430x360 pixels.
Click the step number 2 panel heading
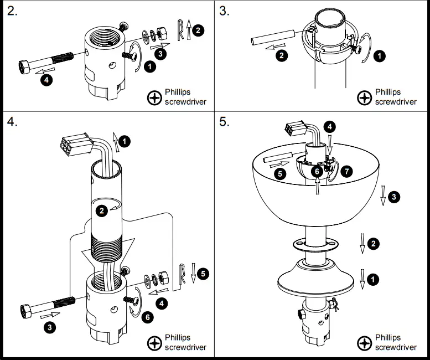(x=12, y=12)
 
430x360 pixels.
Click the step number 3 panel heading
(x=224, y=12)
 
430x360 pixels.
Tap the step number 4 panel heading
(x=12, y=122)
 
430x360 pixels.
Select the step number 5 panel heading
(x=224, y=122)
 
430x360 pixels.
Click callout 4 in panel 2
(x=48, y=80)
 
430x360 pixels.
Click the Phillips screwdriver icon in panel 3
(x=364, y=98)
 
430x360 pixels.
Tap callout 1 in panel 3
(x=380, y=55)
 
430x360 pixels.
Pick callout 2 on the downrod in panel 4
(x=101, y=210)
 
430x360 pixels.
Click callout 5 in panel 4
(x=203, y=273)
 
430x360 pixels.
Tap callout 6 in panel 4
(x=147, y=317)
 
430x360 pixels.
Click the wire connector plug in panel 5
(x=293, y=131)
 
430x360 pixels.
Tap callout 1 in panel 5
(x=374, y=279)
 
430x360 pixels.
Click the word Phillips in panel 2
(x=178, y=92)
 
